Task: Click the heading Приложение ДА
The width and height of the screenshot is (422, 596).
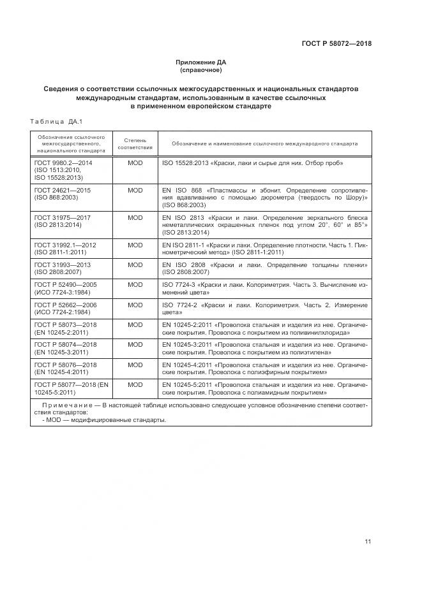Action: tap(201, 62)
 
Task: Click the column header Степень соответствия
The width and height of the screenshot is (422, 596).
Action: tap(135, 143)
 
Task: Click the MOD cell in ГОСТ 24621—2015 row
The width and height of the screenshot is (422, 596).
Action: tap(135, 191)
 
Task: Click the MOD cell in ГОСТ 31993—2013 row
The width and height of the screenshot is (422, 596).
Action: tap(135, 265)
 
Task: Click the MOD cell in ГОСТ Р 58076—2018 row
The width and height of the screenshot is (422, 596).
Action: tap(135, 365)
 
